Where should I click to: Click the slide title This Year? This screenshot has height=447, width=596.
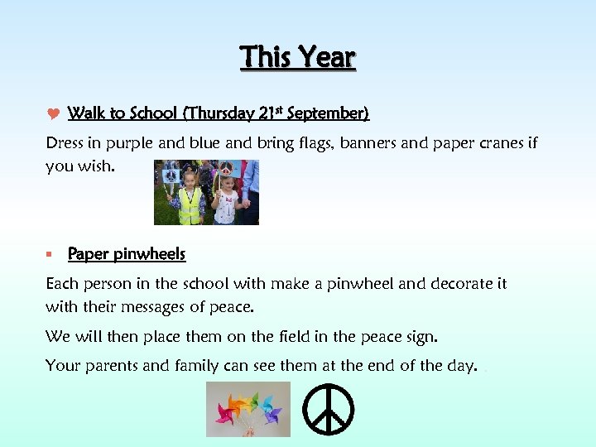point(297,57)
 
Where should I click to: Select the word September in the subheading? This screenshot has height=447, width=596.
point(329,113)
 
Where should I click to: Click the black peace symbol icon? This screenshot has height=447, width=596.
point(329,409)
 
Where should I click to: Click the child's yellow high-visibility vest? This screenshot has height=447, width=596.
point(190,206)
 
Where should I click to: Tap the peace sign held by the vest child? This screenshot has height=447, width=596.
point(171,176)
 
